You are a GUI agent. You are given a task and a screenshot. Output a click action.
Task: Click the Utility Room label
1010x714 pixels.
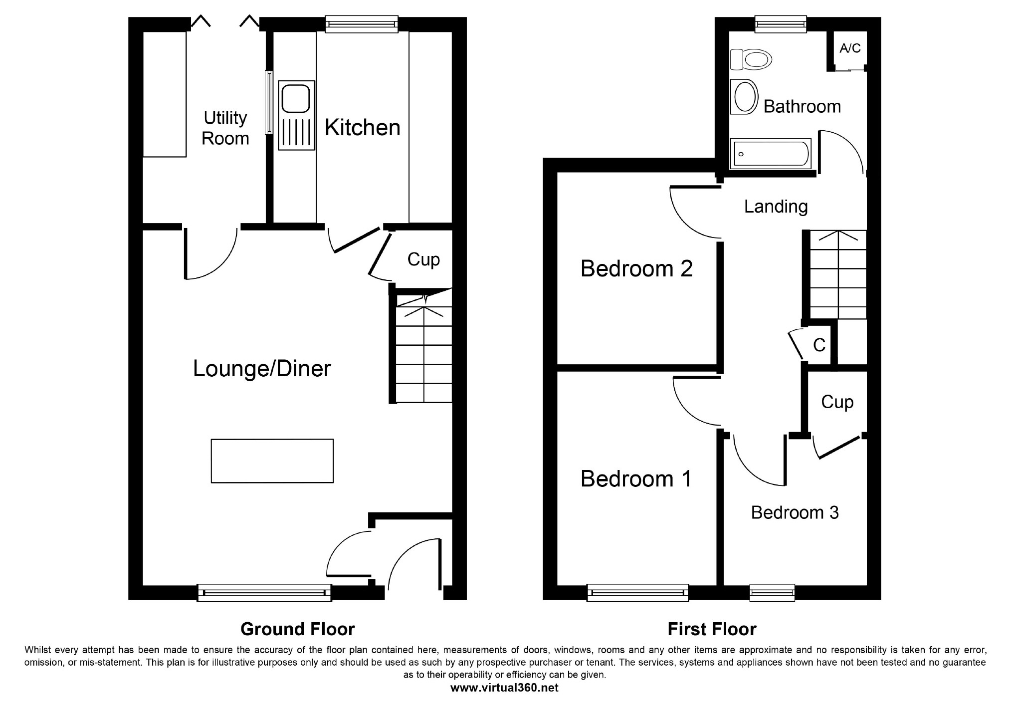click(225, 128)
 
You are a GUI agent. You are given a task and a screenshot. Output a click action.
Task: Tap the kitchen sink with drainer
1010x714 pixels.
click(297, 115)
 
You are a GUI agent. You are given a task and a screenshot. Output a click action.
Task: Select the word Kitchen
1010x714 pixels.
click(363, 127)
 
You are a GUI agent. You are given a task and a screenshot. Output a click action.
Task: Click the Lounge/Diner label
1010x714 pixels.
click(262, 369)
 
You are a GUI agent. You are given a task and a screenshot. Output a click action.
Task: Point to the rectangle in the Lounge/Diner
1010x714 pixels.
click(272, 461)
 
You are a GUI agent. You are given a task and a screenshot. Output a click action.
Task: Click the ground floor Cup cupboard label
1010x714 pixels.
click(423, 259)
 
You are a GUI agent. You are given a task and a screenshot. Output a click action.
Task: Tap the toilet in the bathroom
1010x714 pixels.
click(751, 59)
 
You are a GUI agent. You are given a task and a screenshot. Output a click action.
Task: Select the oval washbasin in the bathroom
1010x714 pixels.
click(744, 97)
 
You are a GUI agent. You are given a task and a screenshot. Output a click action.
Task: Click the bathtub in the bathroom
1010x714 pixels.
click(770, 154)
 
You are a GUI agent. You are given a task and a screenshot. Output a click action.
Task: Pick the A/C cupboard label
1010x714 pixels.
click(850, 48)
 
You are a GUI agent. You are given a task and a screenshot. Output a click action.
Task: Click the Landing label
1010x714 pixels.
click(776, 206)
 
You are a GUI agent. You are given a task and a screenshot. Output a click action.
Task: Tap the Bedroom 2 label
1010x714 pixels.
click(636, 269)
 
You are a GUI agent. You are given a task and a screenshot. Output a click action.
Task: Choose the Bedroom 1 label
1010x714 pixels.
click(636, 479)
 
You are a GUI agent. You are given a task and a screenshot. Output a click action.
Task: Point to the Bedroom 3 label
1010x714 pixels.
click(795, 512)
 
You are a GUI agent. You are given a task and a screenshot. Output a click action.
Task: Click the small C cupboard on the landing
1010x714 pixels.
click(819, 345)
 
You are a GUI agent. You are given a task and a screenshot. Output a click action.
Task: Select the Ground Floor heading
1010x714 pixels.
click(297, 629)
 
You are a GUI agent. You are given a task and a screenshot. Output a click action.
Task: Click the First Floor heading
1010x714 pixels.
click(712, 629)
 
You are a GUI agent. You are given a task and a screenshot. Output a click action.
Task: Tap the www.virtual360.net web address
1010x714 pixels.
click(504, 688)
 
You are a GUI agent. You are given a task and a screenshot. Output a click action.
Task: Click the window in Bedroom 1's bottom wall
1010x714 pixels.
click(638, 592)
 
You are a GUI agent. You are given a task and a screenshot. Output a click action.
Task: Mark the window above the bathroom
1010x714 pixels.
click(781, 24)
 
